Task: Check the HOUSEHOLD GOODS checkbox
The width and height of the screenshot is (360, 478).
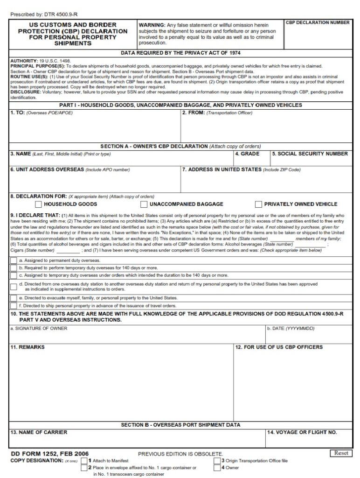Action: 38,204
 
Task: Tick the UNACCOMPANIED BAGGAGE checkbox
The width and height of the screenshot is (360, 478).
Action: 144,204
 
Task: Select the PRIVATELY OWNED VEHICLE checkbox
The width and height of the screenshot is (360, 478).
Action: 258,204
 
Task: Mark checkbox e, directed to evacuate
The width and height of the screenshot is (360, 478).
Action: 14,297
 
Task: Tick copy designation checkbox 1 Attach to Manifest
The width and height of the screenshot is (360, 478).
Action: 84,460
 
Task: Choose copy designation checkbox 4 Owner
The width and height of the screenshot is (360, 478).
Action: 217,467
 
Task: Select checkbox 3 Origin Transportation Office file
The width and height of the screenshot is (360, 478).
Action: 217,460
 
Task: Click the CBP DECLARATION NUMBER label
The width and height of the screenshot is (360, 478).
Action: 317,22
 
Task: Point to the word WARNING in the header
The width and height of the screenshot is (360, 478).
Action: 152,24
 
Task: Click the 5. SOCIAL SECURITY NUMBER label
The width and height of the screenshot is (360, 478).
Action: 310,154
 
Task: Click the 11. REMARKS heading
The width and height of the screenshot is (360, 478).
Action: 28,347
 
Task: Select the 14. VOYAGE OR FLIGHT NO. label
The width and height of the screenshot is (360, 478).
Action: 302,432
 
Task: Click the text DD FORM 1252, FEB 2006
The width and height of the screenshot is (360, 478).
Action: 49,454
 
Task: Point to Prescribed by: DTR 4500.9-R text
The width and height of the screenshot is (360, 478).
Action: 41,14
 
